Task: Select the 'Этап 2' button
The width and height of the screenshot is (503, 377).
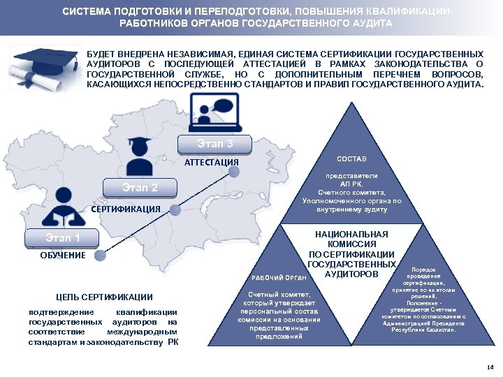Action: pyautogui.click(x=140, y=188)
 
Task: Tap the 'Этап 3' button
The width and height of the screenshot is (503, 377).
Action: pyautogui.click(x=215, y=145)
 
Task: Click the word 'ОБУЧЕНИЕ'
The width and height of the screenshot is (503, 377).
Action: pyautogui.click(x=64, y=256)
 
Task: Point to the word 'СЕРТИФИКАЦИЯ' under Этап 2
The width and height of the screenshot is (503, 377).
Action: pyautogui.click(x=126, y=209)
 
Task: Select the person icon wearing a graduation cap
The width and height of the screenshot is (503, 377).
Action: pyautogui.click(x=142, y=157)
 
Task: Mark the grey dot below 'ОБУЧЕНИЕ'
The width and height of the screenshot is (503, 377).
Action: pyautogui.click(x=101, y=256)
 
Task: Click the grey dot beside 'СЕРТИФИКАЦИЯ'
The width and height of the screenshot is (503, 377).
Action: pyautogui.click(x=175, y=209)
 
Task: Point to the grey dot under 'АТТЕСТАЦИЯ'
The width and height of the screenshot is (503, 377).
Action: pyautogui.click(x=235, y=170)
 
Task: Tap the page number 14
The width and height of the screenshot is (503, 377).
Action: pyautogui.click(x=489, y=367)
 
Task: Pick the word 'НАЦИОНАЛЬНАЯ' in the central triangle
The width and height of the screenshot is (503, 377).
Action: pyautogui.click(x=352, y=235)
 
